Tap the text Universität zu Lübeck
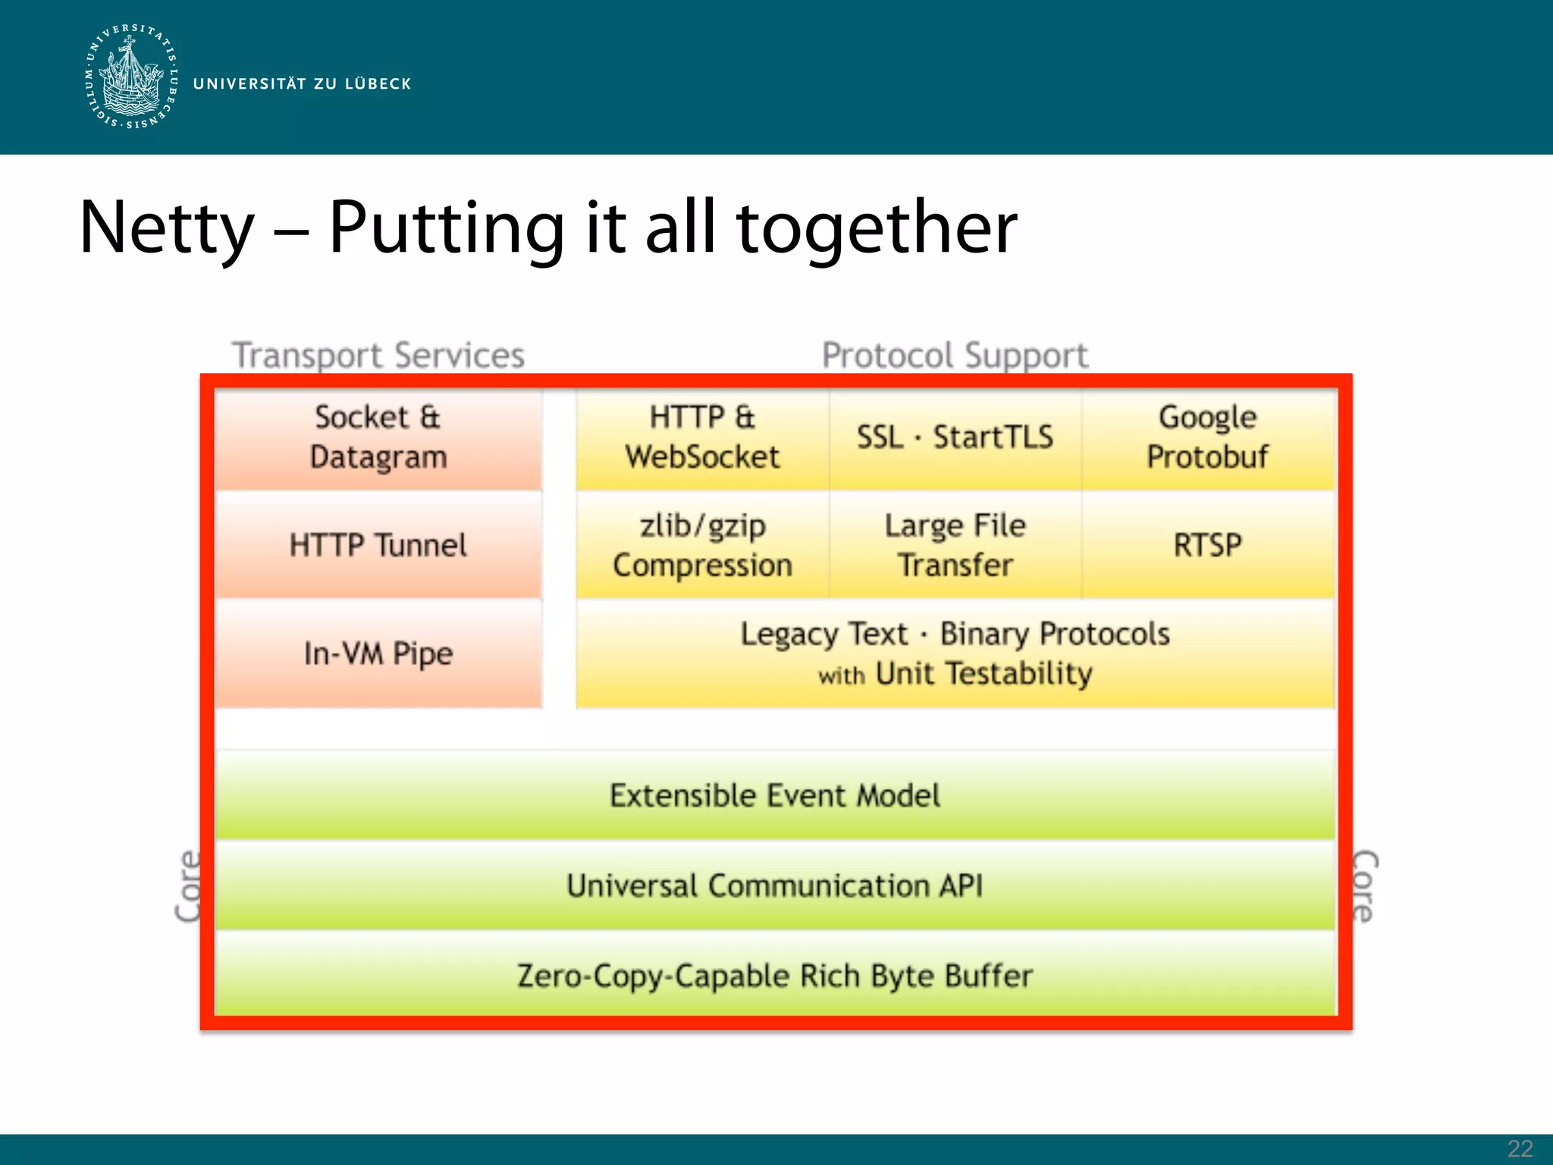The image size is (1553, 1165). pos(302,83)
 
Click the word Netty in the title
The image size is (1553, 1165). pos(167,227)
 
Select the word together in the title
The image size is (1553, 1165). pos(876,227)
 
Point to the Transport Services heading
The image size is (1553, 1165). pos(378,355)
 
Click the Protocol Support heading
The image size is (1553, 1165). pos(955,355)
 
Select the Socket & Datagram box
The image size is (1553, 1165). pos(378,438)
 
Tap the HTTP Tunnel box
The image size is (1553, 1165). pos(378,545)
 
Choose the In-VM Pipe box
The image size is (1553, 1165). pos(378,653)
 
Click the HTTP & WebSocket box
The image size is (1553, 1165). pos(702,438)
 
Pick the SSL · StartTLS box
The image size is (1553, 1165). pos(955,438)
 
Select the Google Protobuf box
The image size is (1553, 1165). pos(1207,438)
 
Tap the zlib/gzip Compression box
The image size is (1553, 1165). pos(702,545)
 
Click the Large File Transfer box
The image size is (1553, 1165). pos(955,545)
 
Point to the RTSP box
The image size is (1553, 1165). pos(1207,545)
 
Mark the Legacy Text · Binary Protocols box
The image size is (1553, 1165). pos(955,653)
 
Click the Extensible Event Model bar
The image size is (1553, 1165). pos(774,795)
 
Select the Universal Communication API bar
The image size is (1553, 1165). pos(774,885)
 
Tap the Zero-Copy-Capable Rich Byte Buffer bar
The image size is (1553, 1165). pos(774,975)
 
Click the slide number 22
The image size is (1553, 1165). pos(1520,1149)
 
